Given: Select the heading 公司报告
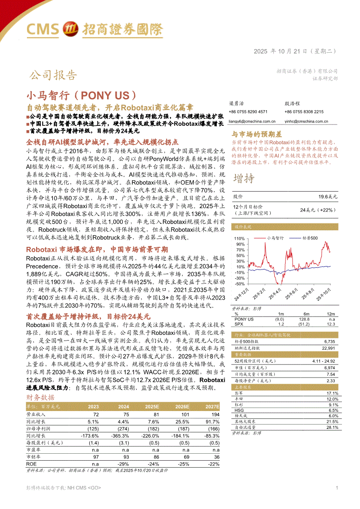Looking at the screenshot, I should pos(53,76).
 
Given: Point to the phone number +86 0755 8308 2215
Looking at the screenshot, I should pos(304,112).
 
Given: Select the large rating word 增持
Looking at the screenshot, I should pos(244,179).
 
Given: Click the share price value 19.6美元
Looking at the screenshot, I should pos(327,197).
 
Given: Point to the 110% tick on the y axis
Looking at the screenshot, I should pos(239,239).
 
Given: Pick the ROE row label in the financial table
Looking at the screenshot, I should pos(32,464).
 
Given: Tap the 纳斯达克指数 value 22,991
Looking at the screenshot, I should pos(329,348).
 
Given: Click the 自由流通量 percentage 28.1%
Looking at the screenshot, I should pos(332,428).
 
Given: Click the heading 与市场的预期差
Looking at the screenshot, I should pos(256,135).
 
